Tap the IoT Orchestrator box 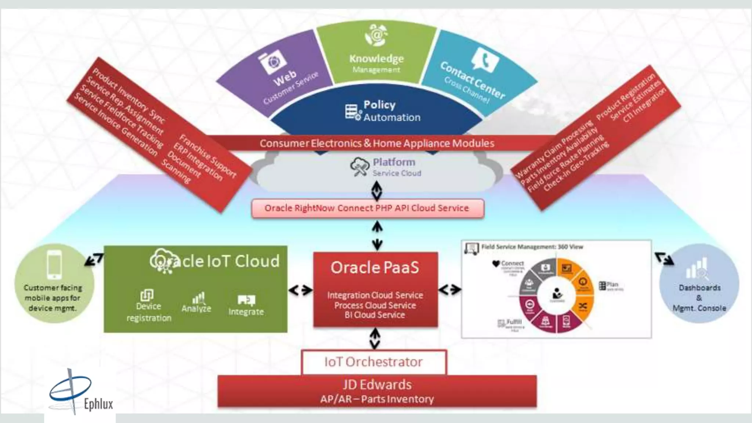(373, 362)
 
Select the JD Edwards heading (377, 385)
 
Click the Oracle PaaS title (375, 267)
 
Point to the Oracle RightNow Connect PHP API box (368, 208)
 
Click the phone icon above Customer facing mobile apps (55, 264)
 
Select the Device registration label (149, 312)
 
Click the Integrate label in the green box (246, 312)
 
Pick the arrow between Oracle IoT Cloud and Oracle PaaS (300, 290)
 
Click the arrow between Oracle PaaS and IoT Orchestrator (375, 339)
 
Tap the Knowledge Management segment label (376, 63)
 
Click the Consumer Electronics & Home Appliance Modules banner (377, 143)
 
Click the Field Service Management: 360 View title (532, 247)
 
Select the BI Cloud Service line (375, 315)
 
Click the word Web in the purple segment (285, 78)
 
